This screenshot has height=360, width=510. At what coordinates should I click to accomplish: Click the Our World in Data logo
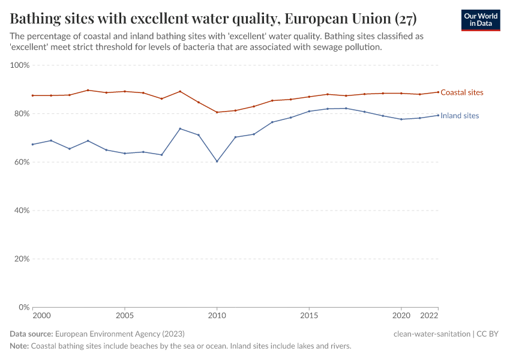click(480, 20)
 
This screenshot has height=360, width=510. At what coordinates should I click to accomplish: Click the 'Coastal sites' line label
click(461, 92)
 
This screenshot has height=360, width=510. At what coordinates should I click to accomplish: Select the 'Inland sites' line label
click(460, 116)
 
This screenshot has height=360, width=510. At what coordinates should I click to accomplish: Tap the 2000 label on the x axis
click(41, 316)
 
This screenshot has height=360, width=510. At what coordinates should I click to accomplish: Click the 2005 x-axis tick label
click(124, 316)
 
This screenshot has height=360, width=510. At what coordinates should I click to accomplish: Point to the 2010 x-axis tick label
click(217, 316)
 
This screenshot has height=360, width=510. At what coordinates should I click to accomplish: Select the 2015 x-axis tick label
click(309, 316)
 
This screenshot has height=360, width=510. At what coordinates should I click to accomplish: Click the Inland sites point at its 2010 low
click(217, 161)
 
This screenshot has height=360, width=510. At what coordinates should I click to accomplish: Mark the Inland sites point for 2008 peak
click(180, 128)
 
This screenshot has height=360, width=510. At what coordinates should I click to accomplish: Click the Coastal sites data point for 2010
click(217, 112)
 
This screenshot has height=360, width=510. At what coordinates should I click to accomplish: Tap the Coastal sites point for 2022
click(438, 92)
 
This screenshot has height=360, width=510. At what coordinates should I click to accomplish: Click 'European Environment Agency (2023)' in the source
click(119, 334)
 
